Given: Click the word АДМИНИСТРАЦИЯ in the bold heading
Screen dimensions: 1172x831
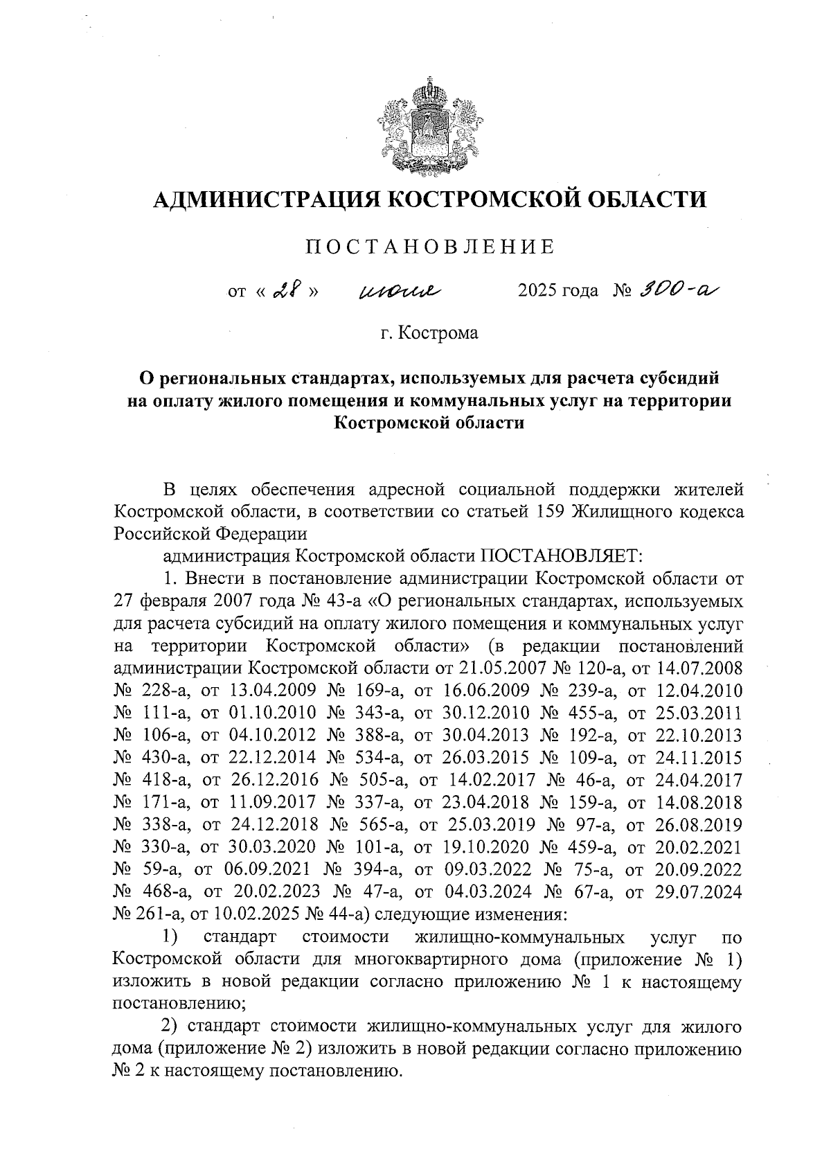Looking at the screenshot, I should (x=267, y=201).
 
